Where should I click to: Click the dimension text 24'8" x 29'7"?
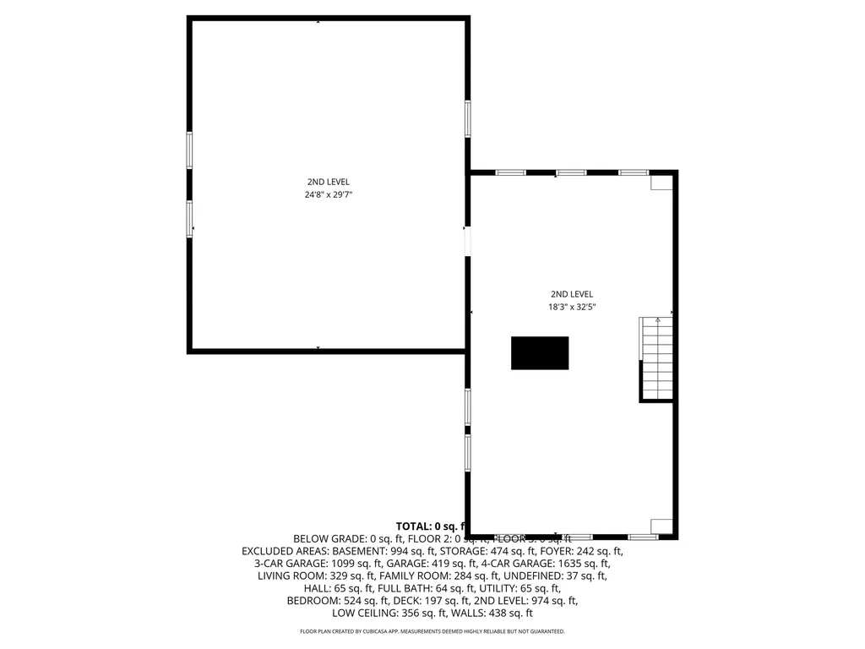point(328,194)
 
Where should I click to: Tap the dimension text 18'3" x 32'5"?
point(573,308)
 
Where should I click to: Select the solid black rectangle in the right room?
point(540,352)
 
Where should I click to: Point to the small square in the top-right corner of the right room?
point(661,183)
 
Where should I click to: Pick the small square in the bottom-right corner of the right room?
point(661,526)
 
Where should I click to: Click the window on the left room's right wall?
point(468,118)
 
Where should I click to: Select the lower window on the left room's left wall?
point(189,218)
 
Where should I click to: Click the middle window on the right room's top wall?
point(571,172)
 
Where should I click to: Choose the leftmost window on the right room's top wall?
point(510,172)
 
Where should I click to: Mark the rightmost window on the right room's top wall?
point(634,172)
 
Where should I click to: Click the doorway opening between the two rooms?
point(468,241)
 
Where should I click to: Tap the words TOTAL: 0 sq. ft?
point(431,526)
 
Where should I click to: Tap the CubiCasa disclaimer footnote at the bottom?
point(432,631)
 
